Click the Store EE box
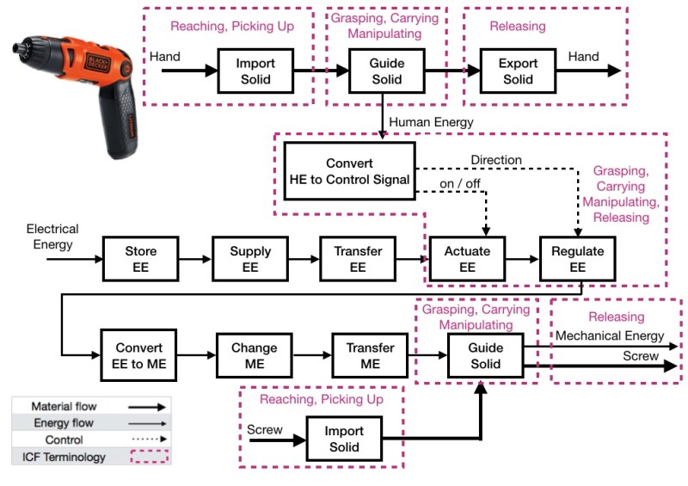[x=140, y=259]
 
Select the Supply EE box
[x=249, y=259]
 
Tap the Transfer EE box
[x=357, y=259]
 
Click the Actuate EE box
[x=466, y=259]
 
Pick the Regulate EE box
[x=577, y=259]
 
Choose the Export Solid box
[x=518, y=71]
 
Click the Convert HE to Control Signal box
[x=349, y=170]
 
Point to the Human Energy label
[x=431, y=122]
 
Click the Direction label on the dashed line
[x=497, y=160]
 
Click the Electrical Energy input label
[x=52, y=237]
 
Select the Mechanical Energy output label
[x=611, y=335]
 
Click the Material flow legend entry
[x=90, y=405]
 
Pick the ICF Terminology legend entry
[x=90, y=456]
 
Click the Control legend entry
[x=90, y=440]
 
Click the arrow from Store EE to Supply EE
[x=194, y=258]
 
